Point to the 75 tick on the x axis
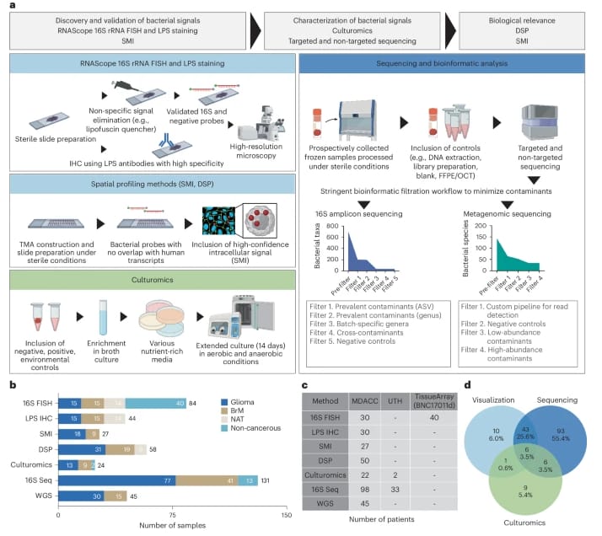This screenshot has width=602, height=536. point(172,515)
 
